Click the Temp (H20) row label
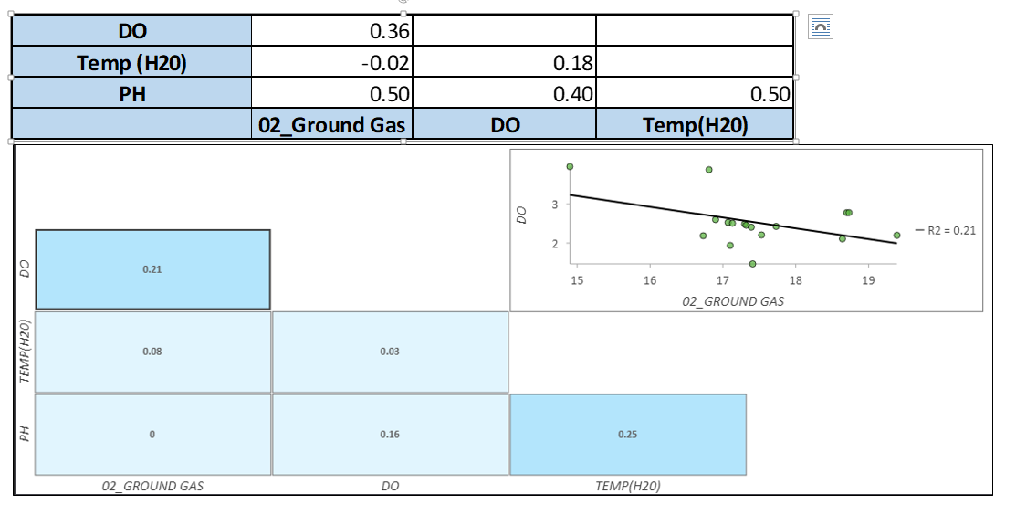(x=132, y=63)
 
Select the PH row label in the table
(x=132, y=94)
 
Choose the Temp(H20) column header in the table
(x=695, y=125)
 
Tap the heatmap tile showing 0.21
(x=152, y=269)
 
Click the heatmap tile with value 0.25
(x=627, y=435)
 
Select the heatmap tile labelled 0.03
(x=390, y=352)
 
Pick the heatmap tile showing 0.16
(x=390, y=435)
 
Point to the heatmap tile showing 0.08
(x=152, y=352)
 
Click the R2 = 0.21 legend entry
(x=950, y=230)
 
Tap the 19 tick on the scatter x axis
(x=868, y=281)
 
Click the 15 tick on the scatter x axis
(x=577, y=281)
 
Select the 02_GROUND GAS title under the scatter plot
(x=732, y=300)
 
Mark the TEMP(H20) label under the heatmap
(x=627, y=487)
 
